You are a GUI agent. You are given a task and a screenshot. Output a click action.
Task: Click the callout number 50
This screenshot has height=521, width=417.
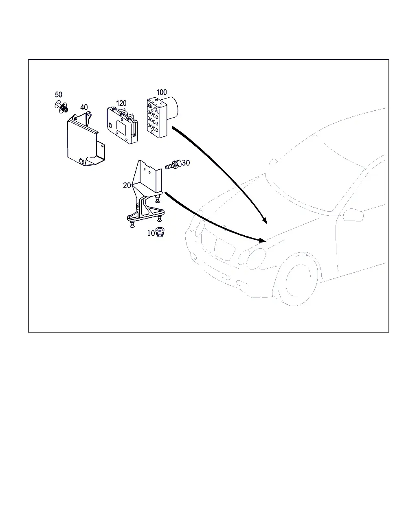tap(59, 94)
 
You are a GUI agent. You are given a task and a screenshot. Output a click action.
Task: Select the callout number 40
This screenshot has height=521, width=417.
tap(84, 107)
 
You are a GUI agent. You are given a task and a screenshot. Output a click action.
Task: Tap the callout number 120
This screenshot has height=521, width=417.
tap(121, 103)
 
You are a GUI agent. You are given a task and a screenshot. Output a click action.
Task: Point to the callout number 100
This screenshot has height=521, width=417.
tap(162, 92)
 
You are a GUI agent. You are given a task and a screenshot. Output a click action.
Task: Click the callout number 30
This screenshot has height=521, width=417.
tap(186, 163)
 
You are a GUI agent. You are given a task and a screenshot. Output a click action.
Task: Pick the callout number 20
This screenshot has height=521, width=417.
tap(127, 186)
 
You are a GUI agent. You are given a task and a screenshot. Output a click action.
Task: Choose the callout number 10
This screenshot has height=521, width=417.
tap(151, 233)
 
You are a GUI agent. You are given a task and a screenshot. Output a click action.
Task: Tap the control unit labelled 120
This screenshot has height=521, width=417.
tap(122, 125)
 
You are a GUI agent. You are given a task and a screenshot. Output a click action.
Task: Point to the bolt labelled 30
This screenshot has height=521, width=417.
tap(173, 165)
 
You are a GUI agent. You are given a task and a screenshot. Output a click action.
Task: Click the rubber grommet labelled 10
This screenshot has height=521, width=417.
tap(160, 232)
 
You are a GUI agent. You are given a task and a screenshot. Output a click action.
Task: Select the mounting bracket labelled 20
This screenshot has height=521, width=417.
tap(146, 194)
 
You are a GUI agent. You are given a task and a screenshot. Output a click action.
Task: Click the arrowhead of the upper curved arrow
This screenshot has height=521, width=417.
tap(265, 220)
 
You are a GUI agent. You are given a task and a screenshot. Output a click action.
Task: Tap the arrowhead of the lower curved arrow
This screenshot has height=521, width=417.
tap(263, 240)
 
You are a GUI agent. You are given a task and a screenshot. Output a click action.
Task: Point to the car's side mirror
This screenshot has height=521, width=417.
tap(353, 215)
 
